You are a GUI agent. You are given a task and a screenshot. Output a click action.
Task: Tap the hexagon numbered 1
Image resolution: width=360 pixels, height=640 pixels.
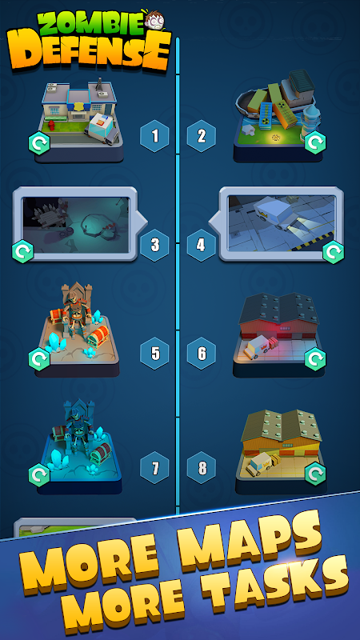[x=154, y=136]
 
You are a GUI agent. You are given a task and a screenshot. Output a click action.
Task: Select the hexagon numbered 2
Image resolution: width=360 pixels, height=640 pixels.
[x=202, y=136]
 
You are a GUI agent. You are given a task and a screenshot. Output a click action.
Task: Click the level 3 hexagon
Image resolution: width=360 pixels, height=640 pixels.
[x=154, y=245]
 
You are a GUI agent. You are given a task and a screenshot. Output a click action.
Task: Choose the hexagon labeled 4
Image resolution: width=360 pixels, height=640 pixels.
[x=202, y=245]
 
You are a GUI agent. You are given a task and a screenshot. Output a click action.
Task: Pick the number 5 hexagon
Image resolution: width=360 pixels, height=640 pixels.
[x=154, y=354]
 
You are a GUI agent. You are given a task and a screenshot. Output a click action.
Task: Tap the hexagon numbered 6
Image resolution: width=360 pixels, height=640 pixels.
[x=202, y=354]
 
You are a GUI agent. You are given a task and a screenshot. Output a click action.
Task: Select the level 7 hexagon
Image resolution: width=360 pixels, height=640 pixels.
[x=154, y=468]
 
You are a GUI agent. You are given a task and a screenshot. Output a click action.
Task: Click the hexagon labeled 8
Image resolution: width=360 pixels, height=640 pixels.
[x=202, y=468]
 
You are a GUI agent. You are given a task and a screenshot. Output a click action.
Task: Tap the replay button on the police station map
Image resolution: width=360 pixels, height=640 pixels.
[x=39, y=143]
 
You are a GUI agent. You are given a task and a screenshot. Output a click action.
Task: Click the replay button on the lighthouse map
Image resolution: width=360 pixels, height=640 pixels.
[x=315, y=142]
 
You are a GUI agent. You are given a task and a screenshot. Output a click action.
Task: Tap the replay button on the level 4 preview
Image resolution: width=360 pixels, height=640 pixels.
[x=334, y=252]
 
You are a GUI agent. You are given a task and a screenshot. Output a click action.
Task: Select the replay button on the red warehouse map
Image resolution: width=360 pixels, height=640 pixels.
[x=315, y=359]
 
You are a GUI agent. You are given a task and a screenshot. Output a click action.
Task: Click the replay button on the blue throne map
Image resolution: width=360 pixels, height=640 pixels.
[x=39, y=475]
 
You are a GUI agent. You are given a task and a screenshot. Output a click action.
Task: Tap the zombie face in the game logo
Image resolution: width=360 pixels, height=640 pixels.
[x=155, y=19]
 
